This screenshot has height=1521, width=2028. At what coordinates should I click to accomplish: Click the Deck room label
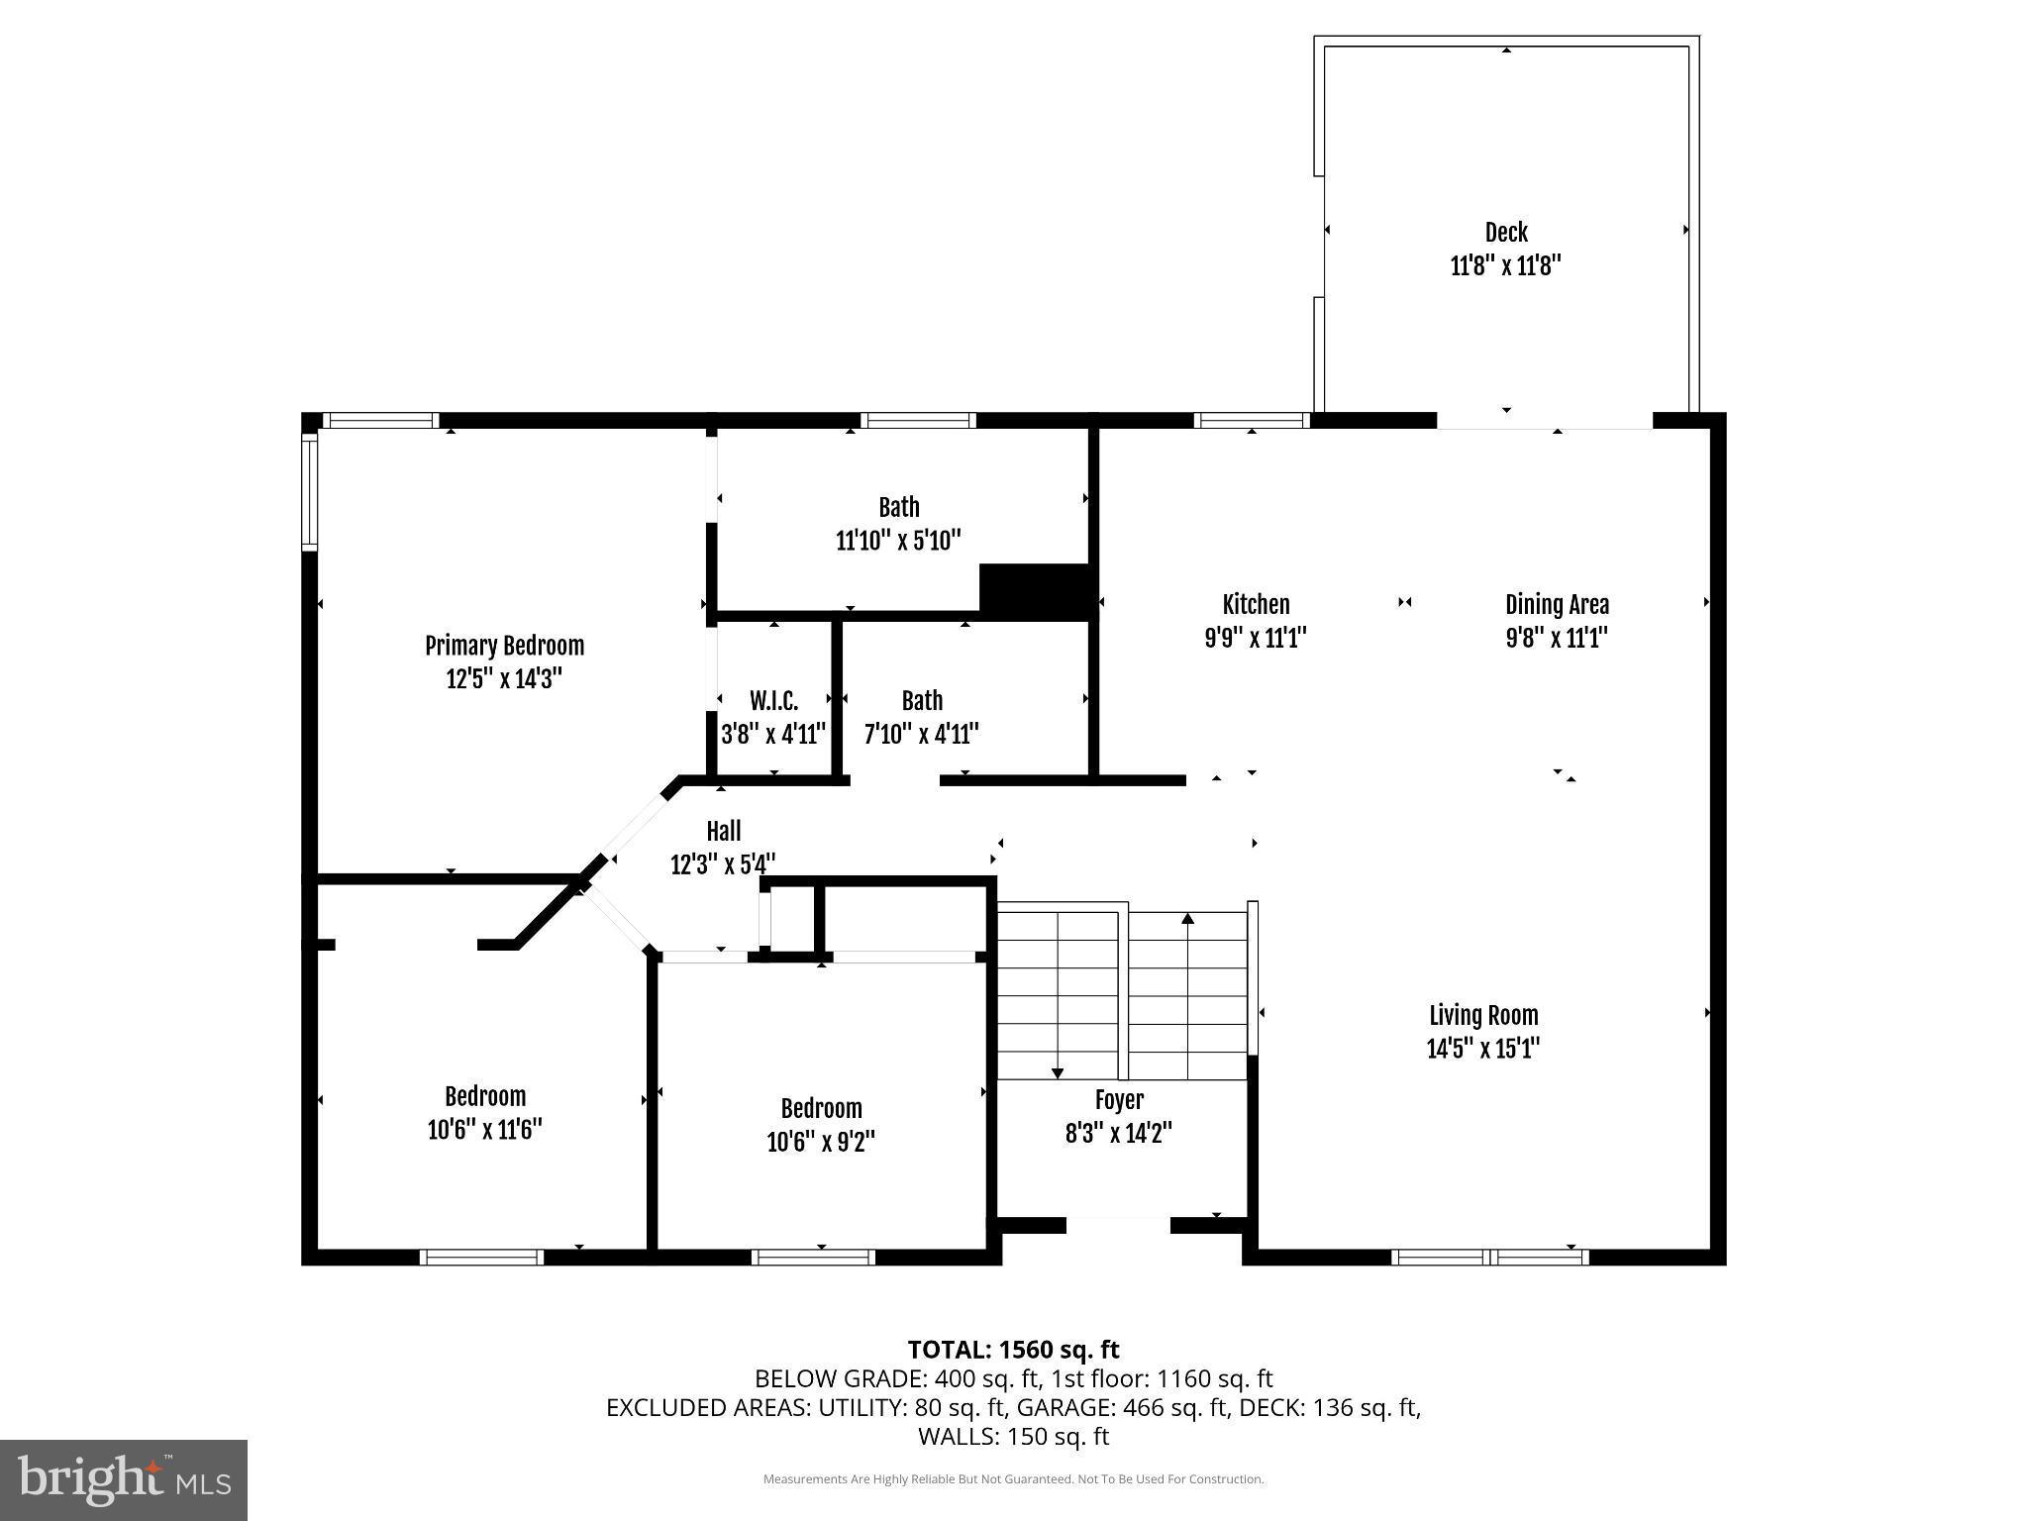[1505, 233]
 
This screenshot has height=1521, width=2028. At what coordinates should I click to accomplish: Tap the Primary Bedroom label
[504, 646]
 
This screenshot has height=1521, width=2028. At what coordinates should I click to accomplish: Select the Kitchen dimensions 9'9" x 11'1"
[1256, 638]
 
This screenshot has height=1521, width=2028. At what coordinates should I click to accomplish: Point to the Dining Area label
[1557, 604]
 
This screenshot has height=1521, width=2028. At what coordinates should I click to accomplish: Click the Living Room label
[1483, 1015]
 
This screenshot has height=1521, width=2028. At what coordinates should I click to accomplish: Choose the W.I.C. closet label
[773, 701]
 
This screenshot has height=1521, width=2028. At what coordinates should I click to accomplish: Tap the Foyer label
[1119, 1100]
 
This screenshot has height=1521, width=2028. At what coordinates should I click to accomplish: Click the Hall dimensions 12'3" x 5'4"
[723, 864]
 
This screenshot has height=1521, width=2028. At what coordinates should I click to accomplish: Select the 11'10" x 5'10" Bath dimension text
[898, 541]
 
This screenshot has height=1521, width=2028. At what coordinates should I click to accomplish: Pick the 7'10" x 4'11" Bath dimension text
[922, 735]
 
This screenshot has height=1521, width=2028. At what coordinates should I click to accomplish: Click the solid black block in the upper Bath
[1036, 591]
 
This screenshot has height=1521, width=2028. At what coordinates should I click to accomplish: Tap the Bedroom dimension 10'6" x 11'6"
[484, 1130]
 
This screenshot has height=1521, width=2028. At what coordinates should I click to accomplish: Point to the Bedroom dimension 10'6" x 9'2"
[821, 1142]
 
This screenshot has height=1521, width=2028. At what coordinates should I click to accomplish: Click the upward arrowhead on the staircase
[1187, 919]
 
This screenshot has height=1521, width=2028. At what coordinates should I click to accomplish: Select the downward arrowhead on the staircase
[1058, 1072]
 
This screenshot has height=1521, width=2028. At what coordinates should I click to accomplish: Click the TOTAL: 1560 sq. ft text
[1013, 1350]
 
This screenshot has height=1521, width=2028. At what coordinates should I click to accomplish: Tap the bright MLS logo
[124, 1479]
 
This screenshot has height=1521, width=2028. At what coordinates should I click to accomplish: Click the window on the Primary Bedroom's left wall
[309, 492]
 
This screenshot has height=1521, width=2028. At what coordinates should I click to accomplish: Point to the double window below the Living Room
[1489, 1257]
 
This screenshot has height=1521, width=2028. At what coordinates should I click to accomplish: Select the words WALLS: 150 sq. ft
[1013, 1436]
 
